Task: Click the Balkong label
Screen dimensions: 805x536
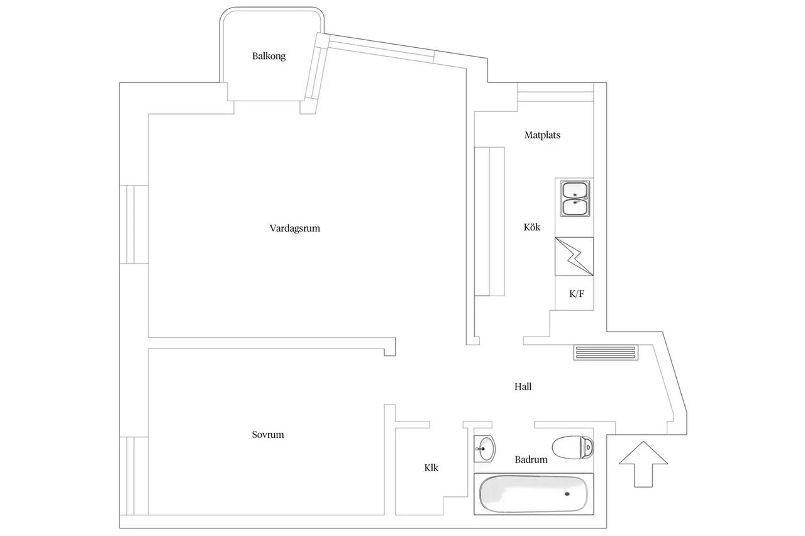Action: coord(269,56)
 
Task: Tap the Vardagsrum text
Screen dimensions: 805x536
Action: coord(295,228)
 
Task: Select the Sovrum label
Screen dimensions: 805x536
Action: coord(268,435)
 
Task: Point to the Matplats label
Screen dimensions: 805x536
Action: coord(542,135)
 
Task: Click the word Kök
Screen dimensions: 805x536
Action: coord(532,227)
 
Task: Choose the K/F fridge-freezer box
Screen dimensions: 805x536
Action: coord(574,293)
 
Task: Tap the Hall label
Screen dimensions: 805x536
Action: coord(523,387)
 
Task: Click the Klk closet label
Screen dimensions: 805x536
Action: coord(431,467)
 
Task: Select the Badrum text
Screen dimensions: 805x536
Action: coord(531,459)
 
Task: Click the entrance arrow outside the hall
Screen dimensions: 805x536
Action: coord(643,464)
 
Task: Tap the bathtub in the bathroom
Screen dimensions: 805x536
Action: coord(534,494)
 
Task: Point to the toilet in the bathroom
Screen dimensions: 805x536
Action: coord(573,447)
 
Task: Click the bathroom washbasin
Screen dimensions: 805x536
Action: coord(484,449)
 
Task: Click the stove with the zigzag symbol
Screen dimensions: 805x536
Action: coord(574,257)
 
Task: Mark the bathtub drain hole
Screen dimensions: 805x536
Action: coord(567,494)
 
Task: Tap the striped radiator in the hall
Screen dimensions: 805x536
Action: coord(606,352)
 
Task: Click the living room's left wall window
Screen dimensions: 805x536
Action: coord(134,225)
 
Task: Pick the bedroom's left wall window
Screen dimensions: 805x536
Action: coord(134,476)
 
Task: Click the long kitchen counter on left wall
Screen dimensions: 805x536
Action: coord(489,221)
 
